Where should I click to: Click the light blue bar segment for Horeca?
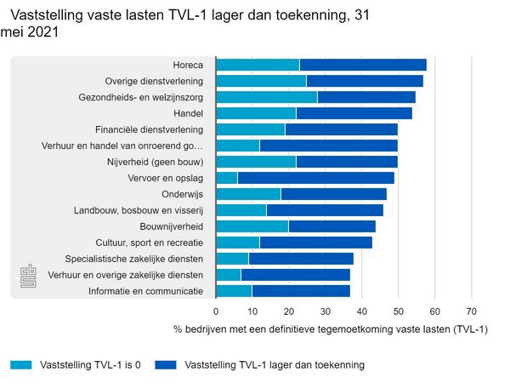(258, 65)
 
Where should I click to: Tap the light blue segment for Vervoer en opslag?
(227, 178)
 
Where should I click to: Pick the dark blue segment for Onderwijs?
(333, 194)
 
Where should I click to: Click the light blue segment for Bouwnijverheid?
(252, 226)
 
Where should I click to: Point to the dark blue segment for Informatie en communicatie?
(301, 291)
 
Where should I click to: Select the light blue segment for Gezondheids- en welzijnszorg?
(266, 97)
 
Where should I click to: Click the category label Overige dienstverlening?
(154, 81)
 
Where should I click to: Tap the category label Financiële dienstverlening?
(149, 129)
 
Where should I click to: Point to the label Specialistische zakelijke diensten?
(134, 259)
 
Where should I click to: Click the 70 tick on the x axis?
(473, 312)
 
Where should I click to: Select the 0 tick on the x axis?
(216, 312)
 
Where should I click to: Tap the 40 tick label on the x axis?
(362, 312)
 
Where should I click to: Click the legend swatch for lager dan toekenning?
(167, 365)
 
